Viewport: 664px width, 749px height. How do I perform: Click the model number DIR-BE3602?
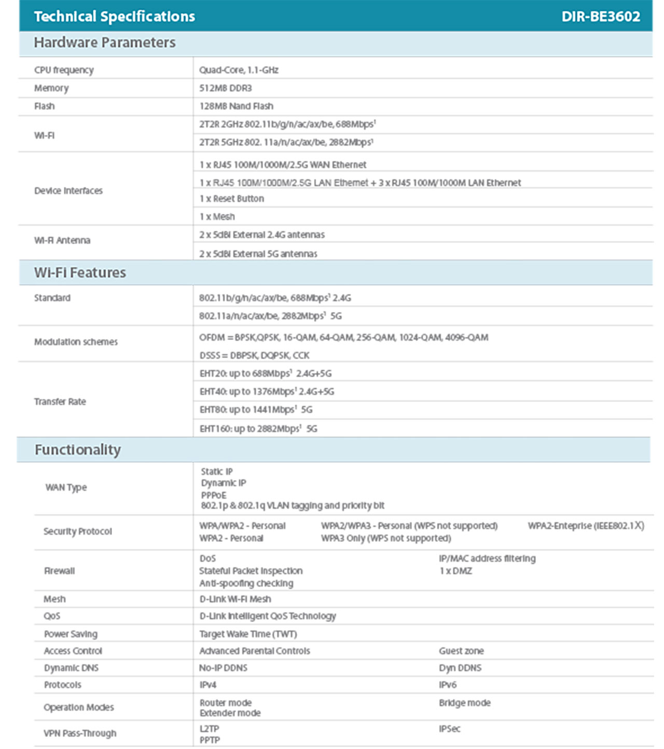[x=600, y=16]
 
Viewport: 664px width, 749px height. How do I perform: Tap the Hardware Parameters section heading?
[x=105, y=43]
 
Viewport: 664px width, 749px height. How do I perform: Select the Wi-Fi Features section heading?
[x=80, y=273]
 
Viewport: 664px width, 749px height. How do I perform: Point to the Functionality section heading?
[x=78, y=450]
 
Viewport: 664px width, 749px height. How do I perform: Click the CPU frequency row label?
[x=64, y=70]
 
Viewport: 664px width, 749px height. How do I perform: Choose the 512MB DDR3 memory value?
[x=225, y=88]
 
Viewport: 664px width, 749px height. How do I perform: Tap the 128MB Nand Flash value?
[x=236, y=106]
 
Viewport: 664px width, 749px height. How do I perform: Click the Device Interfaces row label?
[x=68, y=190]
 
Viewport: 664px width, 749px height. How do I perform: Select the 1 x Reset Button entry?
[x=231, y=199]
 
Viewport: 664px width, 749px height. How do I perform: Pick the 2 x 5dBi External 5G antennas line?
[x=258, y=254]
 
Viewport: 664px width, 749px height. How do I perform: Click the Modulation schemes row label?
[x=76, y=342]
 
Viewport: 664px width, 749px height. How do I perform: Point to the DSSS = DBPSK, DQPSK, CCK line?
[x=254, y=356]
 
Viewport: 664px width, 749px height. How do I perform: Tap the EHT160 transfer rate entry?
[x=258, y=429]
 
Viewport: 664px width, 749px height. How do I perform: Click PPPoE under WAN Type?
[x=213, y=495]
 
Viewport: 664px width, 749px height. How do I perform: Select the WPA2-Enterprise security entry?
[x=586, y=526]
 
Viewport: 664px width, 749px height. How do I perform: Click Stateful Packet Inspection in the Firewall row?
[x=251, y=571]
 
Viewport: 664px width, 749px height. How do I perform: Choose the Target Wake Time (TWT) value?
[x=248, y=634]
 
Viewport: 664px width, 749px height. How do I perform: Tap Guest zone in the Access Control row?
[x=461, y=651]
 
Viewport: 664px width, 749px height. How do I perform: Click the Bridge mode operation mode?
[x=464, y=703]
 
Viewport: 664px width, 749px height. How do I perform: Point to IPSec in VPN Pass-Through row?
[x=449, y=729]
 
